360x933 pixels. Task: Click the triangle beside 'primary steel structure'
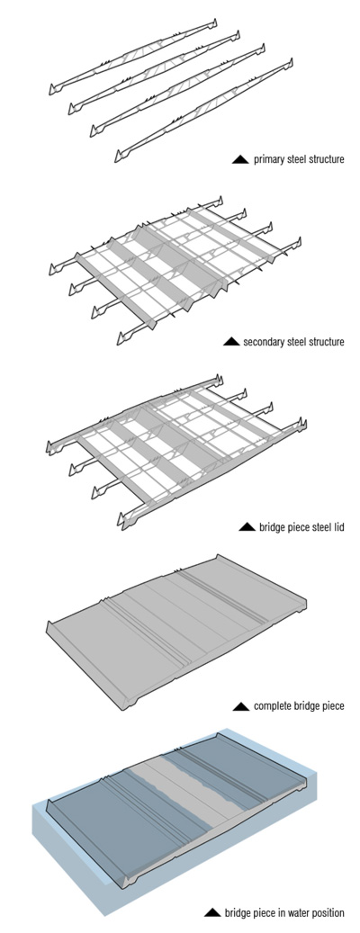[x=240, y=159]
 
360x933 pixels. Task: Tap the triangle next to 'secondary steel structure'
[x=231, y=342]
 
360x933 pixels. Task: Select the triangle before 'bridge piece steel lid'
[x=247, y=526]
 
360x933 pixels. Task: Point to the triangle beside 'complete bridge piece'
[x=241, y=706]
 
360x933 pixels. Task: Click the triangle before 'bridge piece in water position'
[x=212, y=912]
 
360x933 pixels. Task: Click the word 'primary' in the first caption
[x=267, y=159]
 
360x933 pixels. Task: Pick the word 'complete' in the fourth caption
[x=271, y=707]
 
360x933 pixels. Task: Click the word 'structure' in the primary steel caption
[x=324, y=159]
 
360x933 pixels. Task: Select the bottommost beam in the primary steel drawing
[x=204, y=111]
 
